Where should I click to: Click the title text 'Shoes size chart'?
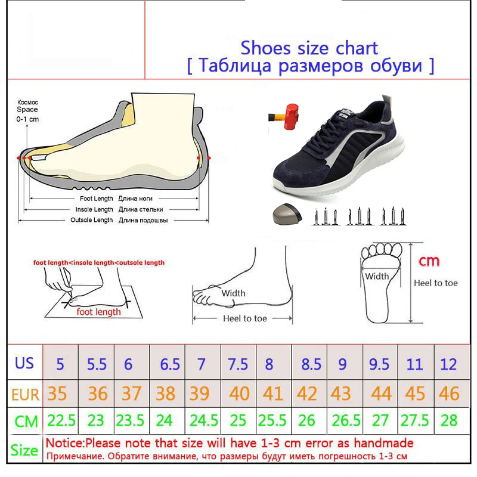[309, 47]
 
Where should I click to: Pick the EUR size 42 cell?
[309, 394]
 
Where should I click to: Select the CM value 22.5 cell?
[61, 421]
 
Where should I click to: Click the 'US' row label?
[25, 363]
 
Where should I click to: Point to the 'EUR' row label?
[25, 394]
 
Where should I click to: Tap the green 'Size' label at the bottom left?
[24, 450]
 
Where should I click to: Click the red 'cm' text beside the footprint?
[429, 261]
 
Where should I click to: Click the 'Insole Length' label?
[94, 209]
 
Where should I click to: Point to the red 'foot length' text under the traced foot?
[98, 312]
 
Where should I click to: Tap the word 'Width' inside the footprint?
[377, 277]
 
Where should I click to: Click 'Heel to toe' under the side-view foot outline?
[244, 318]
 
